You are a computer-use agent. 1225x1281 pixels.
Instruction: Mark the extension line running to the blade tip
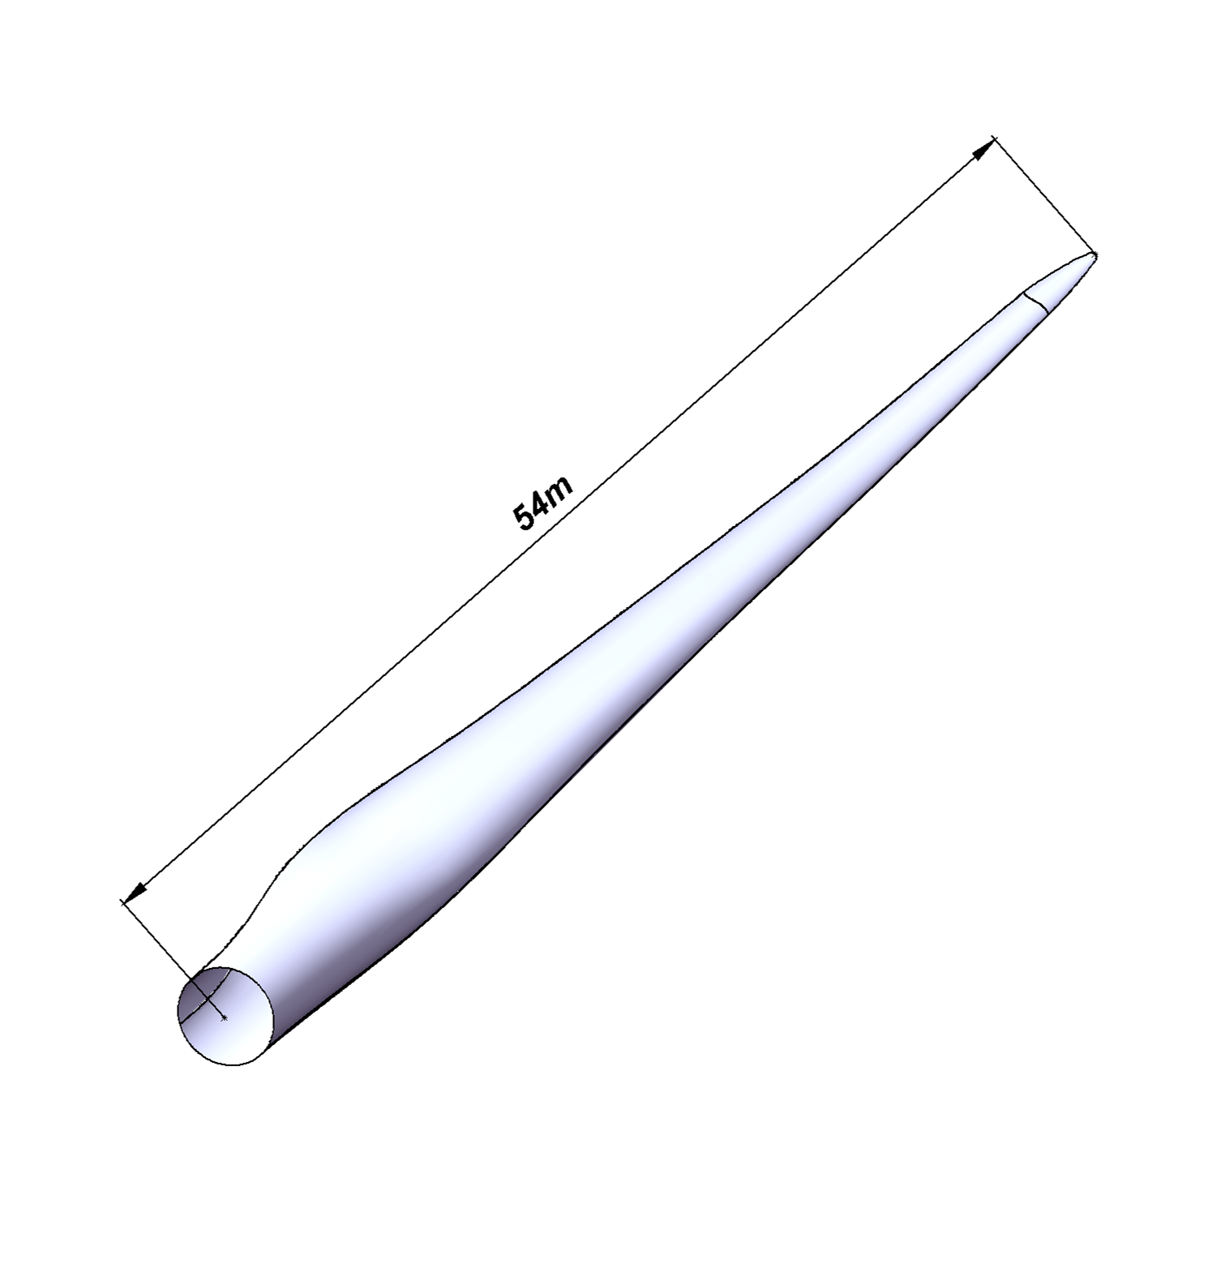click(x=1043, y=195)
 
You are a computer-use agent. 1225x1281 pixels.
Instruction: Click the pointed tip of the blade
click(x=1094, y=255)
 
